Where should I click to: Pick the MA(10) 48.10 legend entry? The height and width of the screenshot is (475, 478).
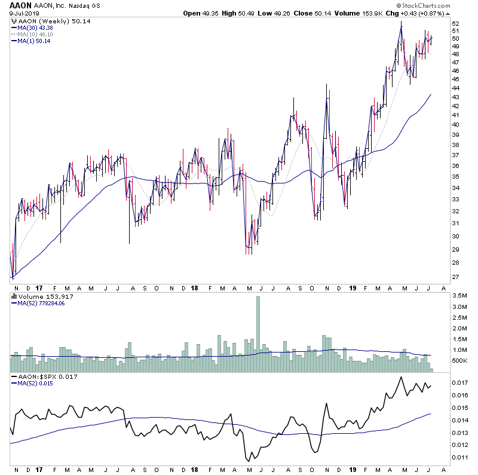[36, 34]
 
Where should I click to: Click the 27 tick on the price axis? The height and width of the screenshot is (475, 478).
[455, 277]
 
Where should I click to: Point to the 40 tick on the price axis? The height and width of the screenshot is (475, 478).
[455, 125]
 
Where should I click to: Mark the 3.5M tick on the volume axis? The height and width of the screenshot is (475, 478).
[459, 296]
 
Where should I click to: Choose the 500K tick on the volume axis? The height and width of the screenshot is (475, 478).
[459, 361]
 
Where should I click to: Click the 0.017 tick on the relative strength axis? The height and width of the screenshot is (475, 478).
[459, 383]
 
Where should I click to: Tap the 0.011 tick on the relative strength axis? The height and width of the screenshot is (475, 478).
[459, 457]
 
